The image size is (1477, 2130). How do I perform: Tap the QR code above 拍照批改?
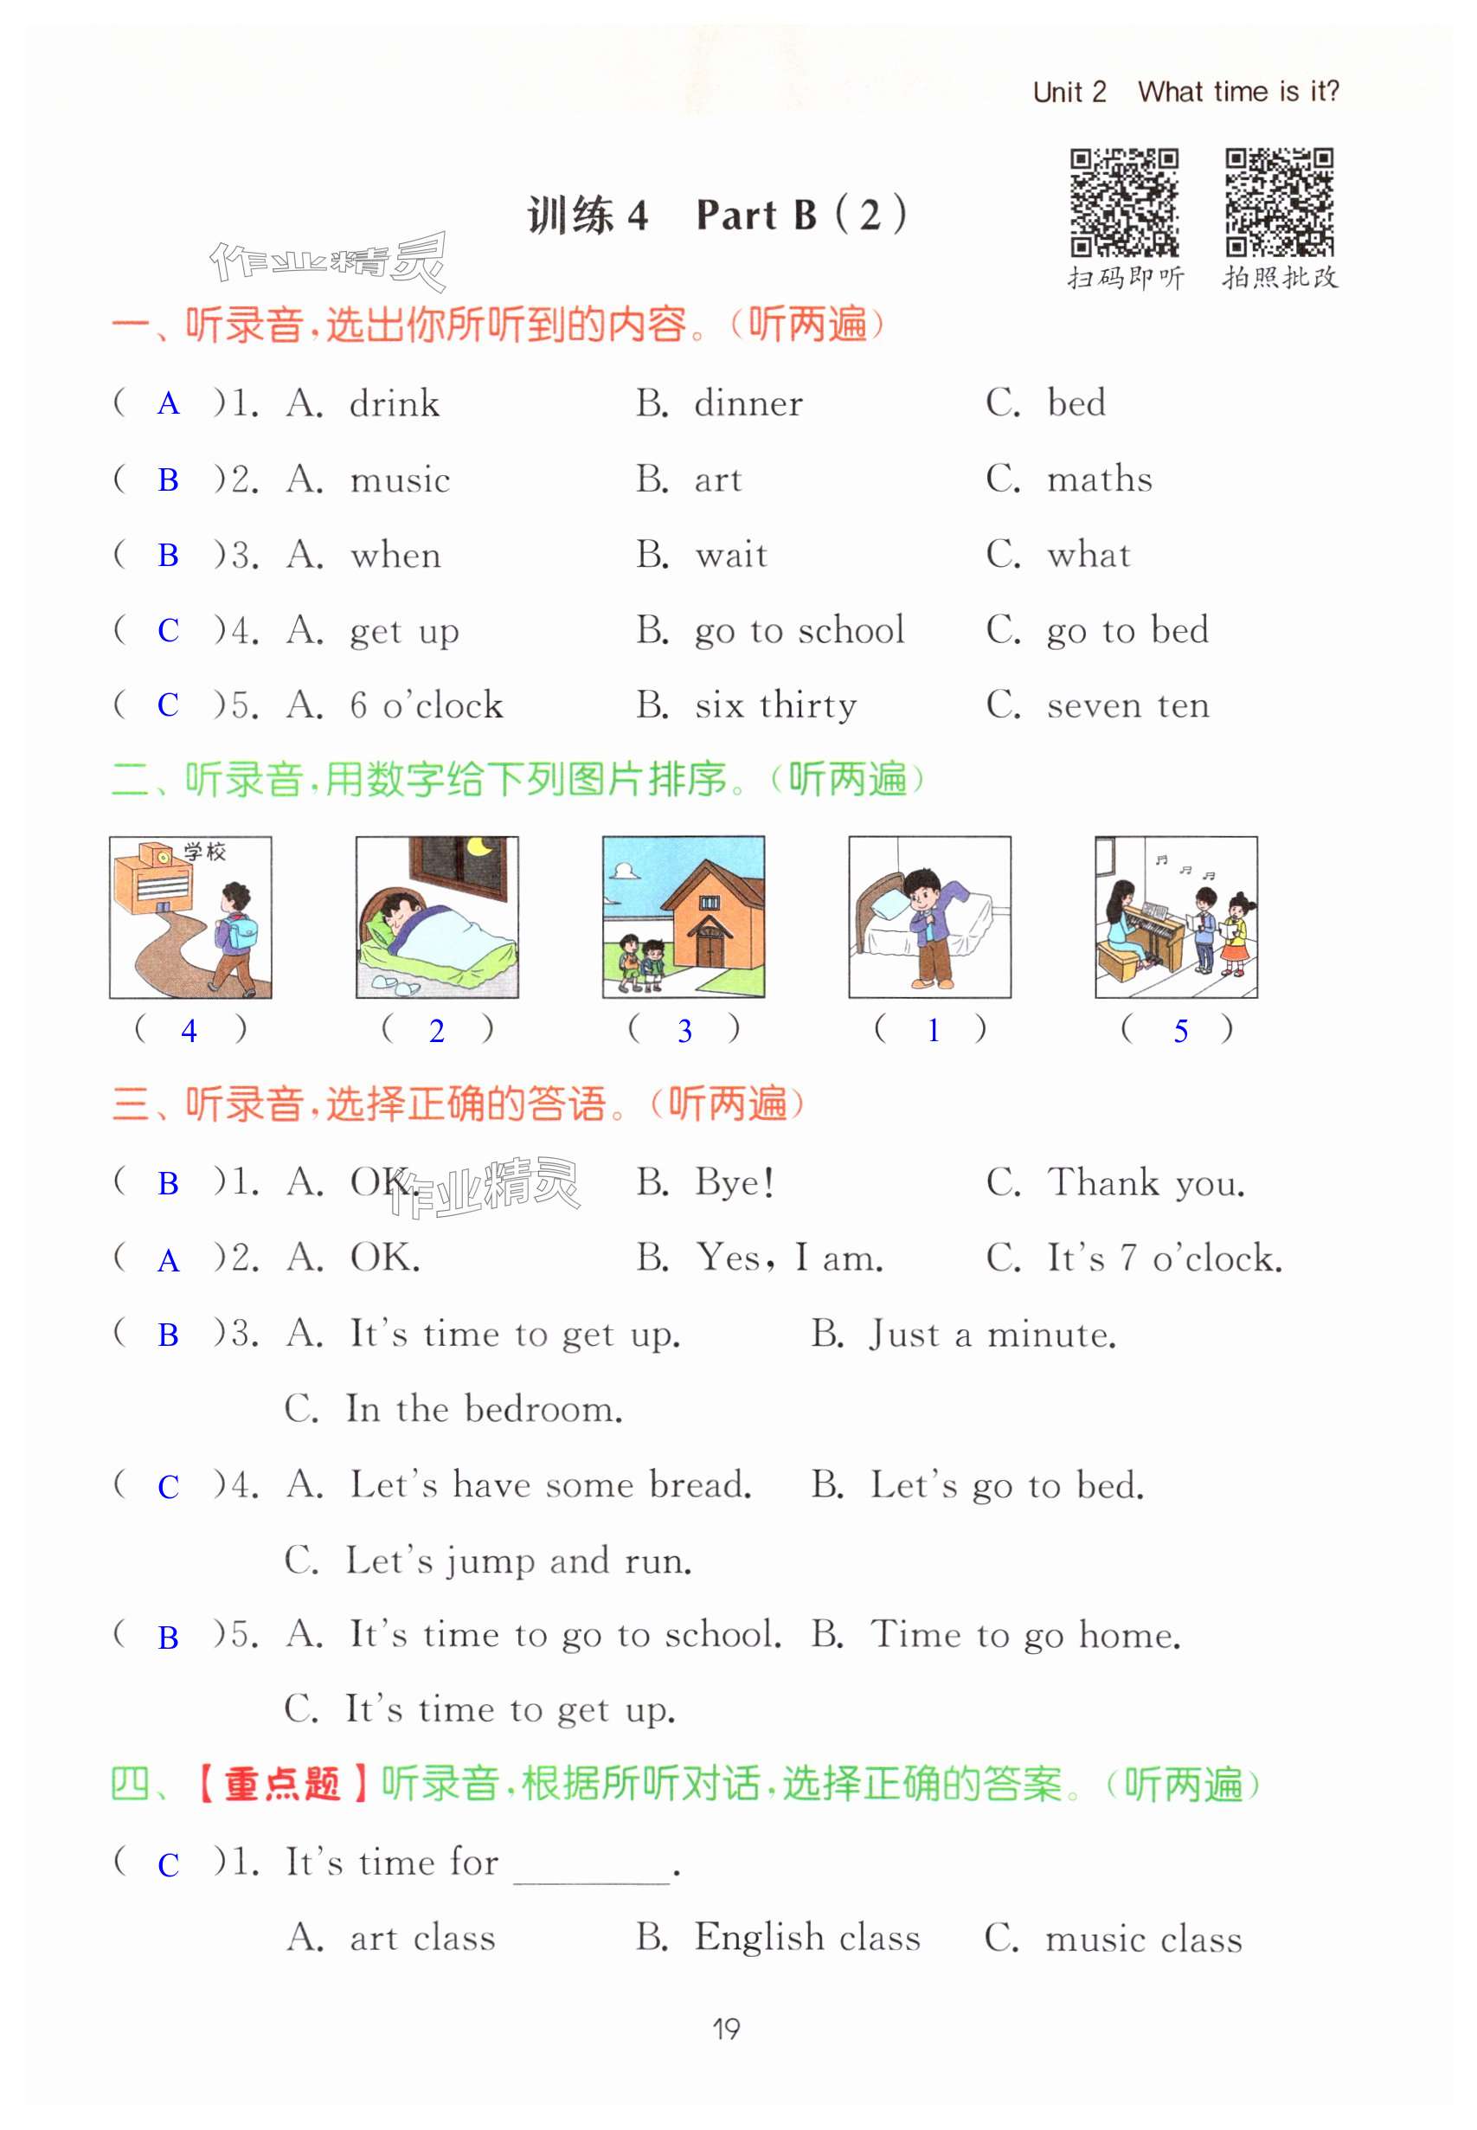coord(1279,202)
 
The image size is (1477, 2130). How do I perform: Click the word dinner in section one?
coord(748,403)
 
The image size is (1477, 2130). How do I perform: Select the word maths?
coord(1100,479)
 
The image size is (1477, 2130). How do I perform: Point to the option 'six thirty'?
coord(775,705)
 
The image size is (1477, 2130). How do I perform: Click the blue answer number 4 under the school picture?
coord(189,1030)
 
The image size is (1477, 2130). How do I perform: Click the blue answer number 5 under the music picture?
coord(1180,1030)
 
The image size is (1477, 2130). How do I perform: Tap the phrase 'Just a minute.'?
coord(992,1335)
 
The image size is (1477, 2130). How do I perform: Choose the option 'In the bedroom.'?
coord(484,1410)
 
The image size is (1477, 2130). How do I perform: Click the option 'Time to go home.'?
coord(1025,1635)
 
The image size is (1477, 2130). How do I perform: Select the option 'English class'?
coord(807,1938)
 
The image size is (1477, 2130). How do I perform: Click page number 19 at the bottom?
coord(727,2030)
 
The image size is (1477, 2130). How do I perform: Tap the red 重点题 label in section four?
coord(282,1784)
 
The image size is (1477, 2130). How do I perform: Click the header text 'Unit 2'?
coord(1069,93)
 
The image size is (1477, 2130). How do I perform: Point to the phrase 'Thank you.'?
coord(1146,1183)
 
